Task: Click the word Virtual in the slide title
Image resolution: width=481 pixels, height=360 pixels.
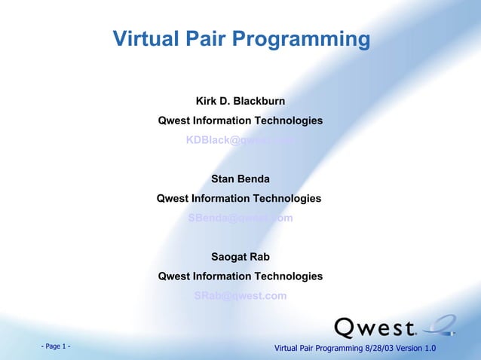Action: pyautogui.click(x=143, y=39)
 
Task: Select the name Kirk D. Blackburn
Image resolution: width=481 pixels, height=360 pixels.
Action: pyautogui.click(x=240, y=101)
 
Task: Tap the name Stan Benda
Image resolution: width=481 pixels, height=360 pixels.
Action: pyautogui.click(x=240, y=179)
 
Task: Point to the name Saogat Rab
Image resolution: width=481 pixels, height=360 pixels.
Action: pyautogui.click(x=240, y=257)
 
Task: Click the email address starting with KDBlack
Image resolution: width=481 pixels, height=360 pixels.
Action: pyautogui.click(x=240, y=140)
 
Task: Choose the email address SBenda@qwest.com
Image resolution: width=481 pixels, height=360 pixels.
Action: pyautogui.click(x=240, y=218)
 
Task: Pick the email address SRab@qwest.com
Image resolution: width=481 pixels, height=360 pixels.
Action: pyautogui.click(x=240, y=296)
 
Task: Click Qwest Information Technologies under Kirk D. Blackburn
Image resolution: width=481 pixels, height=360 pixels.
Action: pyautogui.click(x=240, y=121)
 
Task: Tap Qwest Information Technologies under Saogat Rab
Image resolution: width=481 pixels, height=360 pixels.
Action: pyautogui.click(x=240, y=276)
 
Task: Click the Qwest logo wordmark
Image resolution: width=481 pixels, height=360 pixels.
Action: pyautogui.click(x=375, y=328)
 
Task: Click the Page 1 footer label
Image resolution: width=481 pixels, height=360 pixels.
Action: pyautogui.click(x=56, y=346)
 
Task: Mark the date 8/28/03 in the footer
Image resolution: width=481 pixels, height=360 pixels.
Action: pyautogui.click(x=381, y=347)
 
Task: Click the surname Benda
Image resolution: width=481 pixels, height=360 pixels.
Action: pyautogui.click(x=254, y=179)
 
